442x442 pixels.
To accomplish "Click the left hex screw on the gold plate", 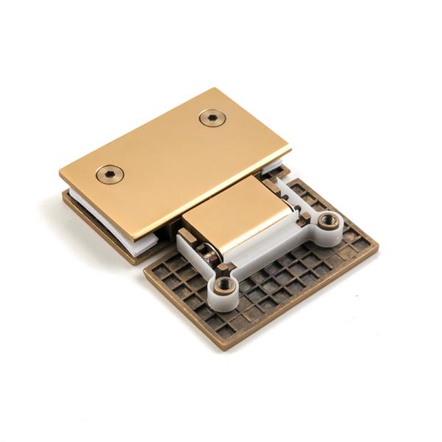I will click(110, 174).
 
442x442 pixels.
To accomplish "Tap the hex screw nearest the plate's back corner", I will click(213, 119).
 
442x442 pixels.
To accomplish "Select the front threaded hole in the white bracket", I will click(223, 284).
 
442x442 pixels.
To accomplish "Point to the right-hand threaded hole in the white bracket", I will click(327, 220).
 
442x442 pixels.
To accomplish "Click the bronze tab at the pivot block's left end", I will click(186, 234).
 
